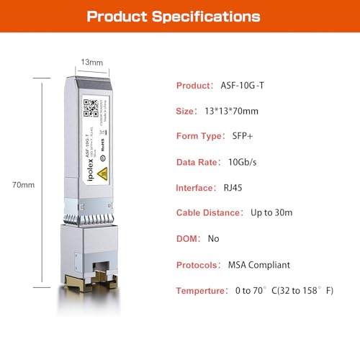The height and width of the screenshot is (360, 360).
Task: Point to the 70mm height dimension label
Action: [24, 185]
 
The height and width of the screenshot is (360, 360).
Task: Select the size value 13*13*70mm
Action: [239, 111]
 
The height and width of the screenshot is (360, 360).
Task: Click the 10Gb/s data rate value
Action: [245, 162]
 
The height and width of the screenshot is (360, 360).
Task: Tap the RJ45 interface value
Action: [225, 187]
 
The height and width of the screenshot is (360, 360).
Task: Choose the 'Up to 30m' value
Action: [272, 212]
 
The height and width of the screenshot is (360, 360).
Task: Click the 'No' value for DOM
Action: [213, 238]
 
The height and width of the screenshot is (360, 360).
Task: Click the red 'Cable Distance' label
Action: [209, 212]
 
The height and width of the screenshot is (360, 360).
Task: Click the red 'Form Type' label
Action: [202, 136]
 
